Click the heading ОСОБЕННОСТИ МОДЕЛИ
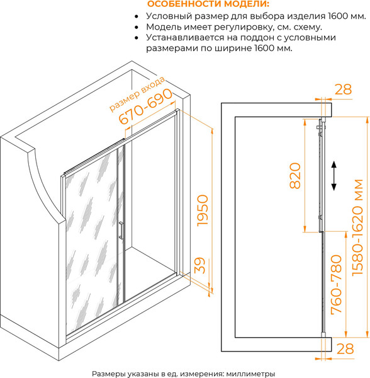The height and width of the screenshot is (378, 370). [208, 4]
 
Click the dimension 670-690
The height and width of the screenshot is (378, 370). [146, 106]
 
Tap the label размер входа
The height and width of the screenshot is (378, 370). [137, 94]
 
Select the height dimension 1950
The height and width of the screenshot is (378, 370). [203, 210]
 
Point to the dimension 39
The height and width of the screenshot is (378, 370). [200, 265]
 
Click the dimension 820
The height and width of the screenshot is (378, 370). [295, 176]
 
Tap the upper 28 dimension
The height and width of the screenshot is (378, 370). [344, 89]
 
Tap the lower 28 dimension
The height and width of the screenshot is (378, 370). [345, 348]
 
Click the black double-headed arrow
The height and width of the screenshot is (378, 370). [334, 176]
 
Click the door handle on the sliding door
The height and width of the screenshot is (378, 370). [121, 231]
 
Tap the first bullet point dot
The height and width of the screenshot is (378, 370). [137, 16]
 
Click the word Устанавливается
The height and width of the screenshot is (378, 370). [186, 38]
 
